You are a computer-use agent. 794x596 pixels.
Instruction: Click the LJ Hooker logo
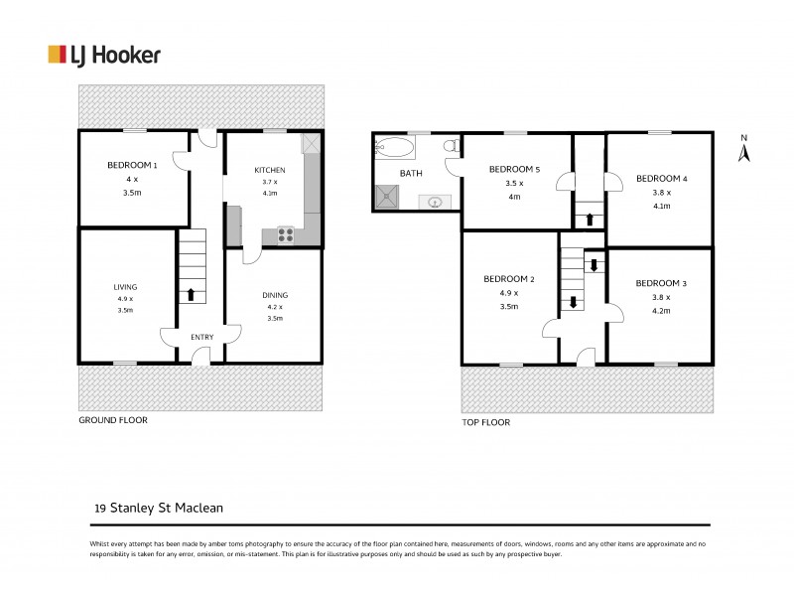(104, 55)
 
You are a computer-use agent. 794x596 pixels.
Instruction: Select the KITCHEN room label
(270, 170)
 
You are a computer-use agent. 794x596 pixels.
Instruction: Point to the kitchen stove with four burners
(284, 235)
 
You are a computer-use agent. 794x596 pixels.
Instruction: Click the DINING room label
(275, 295)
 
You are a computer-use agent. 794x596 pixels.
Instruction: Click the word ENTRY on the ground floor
(201, 338)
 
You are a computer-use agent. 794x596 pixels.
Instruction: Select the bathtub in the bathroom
(395, 148)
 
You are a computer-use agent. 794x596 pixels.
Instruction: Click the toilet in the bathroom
(450, 147)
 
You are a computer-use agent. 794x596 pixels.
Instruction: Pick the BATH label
(411, 174)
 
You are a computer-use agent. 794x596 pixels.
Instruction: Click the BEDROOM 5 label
(514, 170)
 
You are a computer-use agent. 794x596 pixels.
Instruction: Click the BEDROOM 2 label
(509, 279)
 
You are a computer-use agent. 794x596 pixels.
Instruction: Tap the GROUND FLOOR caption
(113, 420)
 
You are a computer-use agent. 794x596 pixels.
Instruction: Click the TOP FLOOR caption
(485, 422)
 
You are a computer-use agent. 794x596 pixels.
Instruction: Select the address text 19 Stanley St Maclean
(159, 508)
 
